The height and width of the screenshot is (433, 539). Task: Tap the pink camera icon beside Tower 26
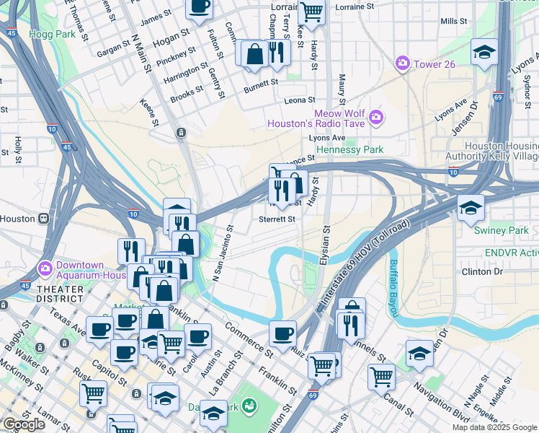[402, 64]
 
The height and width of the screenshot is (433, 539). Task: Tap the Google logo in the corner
[24, 424]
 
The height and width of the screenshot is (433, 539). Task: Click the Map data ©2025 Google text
[494, 427]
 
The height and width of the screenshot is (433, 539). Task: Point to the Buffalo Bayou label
[393, 289]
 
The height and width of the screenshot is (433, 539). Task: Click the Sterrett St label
[277, 219]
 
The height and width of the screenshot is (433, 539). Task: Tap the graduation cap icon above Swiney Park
[470, 207]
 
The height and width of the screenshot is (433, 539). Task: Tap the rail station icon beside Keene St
[179, 132]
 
